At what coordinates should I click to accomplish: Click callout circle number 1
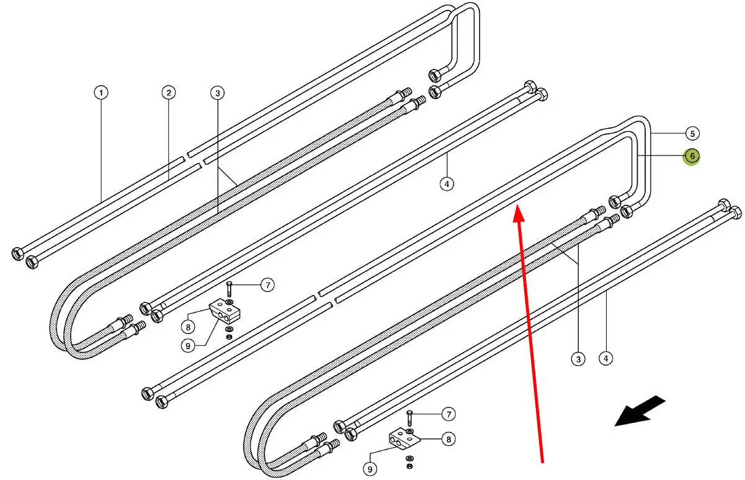click(x=101, y=92)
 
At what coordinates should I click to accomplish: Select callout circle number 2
click(x=169, y=92)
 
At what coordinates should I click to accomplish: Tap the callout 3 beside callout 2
click(x=218, y=93)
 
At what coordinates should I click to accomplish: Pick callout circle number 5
click(x=692, y=134)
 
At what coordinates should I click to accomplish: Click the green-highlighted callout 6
click(x=692, y=156)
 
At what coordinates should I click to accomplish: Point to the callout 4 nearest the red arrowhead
click(x=447, y=184)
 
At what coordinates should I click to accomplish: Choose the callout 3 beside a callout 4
click(x=578, y=359)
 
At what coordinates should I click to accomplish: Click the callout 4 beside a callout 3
click(x=605, y=359)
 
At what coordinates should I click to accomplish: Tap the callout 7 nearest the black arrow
click(x=448, y=414)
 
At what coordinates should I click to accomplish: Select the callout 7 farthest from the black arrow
click(x=268, y=285)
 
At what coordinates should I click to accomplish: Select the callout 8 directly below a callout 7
click(x=448, y=439)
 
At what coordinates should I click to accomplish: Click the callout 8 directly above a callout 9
click(x=188, y=327)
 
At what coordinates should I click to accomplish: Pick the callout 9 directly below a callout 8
click(x=188, y=346)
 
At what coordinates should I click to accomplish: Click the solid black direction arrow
click(x=640, y=411)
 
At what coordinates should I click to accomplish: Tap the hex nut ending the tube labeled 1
click(x=17, y=254)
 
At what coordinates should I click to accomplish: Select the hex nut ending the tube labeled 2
click(x=32, y=262)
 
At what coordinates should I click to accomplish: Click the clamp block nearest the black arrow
click(x=403, y=440)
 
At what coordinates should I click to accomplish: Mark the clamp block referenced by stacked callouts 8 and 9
click(x=225, y=312)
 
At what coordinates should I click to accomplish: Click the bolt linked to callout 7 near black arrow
click(x=409, y=418)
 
